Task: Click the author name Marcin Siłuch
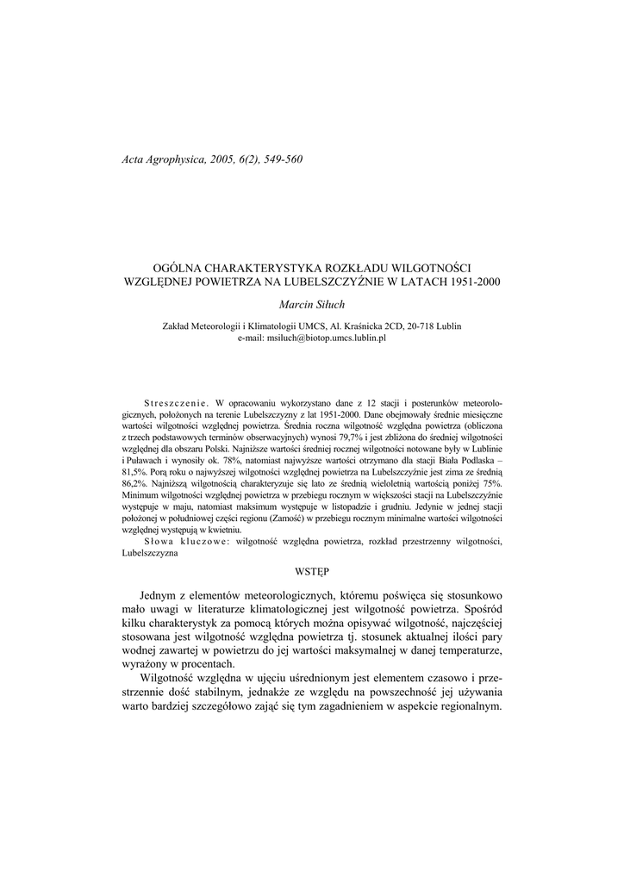[x=311, y=304]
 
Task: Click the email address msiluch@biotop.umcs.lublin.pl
[x=311, y=339]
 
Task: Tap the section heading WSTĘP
[x=312, y=569]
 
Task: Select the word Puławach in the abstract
[x=149, y=462]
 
